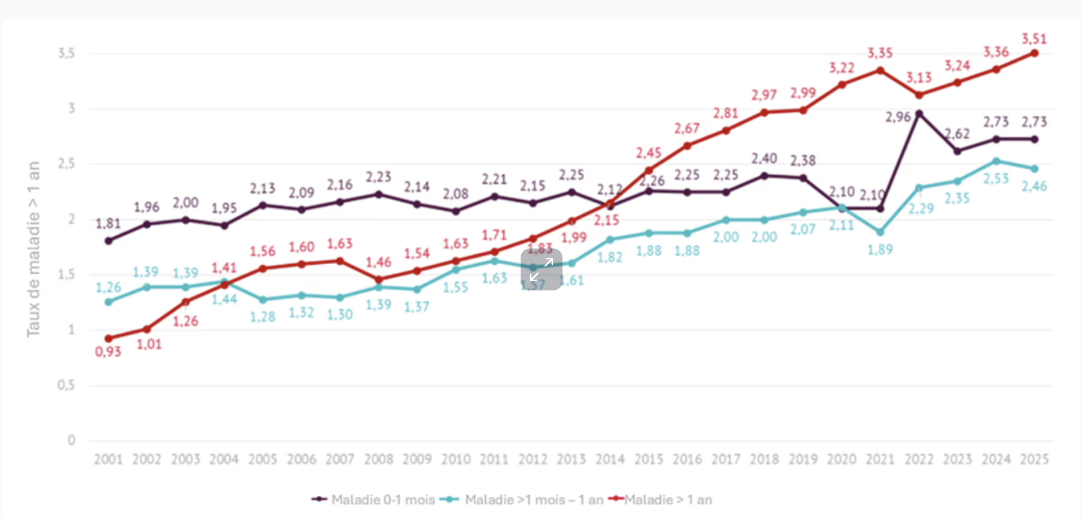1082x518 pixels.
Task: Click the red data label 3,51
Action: click(1034, 39)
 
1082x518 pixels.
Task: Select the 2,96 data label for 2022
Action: click(898, 117)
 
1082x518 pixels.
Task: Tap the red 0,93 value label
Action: click(108, 352)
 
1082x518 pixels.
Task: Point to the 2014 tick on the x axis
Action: click(610, 459)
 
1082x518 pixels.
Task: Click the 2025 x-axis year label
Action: click(1034, 459)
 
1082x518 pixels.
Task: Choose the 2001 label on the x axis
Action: click(108, 459)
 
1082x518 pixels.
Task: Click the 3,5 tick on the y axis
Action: click(66, 54)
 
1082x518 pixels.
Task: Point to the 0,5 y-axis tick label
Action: click(66, 385)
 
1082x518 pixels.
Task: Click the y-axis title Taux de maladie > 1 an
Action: click(34, 249)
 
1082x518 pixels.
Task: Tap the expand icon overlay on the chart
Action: click(541, 269)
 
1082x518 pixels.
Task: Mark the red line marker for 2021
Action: click(880, 70)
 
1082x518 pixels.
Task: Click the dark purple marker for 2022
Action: click(919, 114)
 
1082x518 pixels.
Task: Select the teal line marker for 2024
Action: click(996, 161)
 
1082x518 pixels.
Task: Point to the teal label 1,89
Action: click(880, 250)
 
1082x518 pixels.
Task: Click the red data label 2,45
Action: click(649, 153)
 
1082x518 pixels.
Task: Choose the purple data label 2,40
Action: click(764, 159)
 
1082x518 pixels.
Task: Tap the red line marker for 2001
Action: click(108, 338)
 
